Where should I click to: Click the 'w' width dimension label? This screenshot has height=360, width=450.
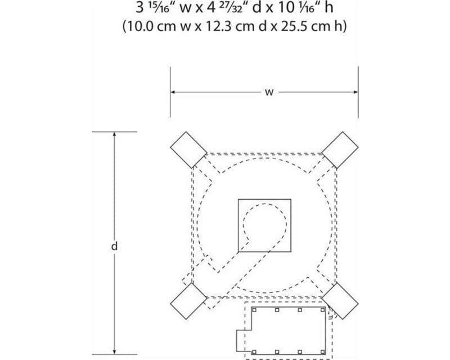(x=269, y=92)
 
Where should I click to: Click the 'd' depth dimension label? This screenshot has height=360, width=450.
(x=114, y=246)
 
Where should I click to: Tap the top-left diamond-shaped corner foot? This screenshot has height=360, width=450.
(x=188, y=150)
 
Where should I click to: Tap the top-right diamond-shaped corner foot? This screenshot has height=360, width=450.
(x=340, y=150)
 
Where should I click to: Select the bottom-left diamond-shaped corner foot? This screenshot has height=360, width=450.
(x=188, y=301)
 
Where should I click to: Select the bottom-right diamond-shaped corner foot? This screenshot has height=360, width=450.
(x=340, y=301)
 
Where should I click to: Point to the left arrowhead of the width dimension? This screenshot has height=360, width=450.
(x=173, y=92)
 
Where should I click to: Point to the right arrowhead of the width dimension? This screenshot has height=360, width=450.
(x=355, y=92)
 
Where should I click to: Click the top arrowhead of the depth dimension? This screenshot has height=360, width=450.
(x=114, y=135)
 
